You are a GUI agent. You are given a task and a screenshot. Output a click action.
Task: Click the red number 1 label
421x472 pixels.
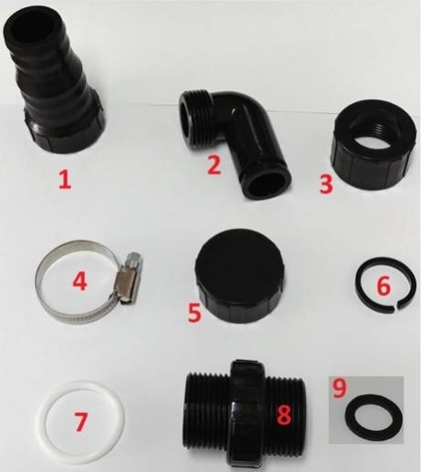65,180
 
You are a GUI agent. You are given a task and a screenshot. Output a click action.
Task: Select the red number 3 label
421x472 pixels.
326,185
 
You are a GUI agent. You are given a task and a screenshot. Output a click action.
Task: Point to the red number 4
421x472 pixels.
79,281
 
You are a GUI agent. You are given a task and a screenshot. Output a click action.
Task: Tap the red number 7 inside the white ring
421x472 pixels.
80,422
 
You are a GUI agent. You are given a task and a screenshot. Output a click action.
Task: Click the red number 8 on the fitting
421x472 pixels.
283,414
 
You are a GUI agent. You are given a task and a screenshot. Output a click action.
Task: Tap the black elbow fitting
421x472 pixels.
234,143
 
